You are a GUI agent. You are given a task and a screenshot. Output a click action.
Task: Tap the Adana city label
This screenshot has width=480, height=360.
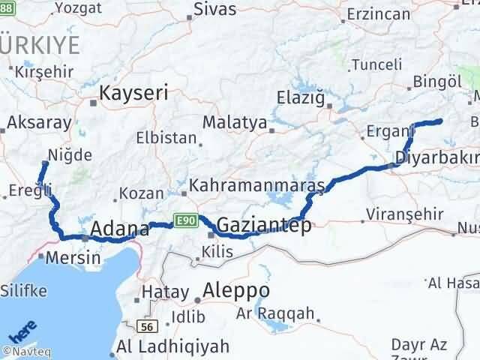116,228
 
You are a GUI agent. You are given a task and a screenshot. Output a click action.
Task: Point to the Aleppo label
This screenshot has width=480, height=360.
236,290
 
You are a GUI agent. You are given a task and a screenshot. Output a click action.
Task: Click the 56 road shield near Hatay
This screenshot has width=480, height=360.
147,327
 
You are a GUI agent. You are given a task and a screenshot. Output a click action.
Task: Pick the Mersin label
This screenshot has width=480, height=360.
73,257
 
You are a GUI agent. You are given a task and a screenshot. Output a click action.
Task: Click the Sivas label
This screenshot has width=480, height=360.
214,10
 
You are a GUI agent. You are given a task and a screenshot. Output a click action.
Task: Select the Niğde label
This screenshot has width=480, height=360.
70,155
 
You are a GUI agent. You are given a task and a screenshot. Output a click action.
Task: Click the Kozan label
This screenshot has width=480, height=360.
141,193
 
